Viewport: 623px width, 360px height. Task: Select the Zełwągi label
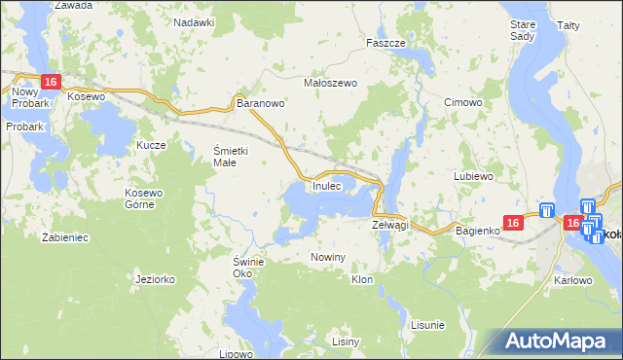tap(390, 225)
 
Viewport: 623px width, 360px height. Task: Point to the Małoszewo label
tap(331, 83)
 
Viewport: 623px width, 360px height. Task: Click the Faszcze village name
tap(385, 44)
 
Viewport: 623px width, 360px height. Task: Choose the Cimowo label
tap(462, 102)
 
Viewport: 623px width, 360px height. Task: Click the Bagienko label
tap(477, 230)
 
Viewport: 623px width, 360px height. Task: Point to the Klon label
tap(362, 279)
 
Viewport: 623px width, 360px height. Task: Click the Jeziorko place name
tap(156, 279)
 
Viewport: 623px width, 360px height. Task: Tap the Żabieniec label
tap(65, 236)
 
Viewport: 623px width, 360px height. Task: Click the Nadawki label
tap(194, 21)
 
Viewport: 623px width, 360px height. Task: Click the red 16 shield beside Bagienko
tap(515, 224)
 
